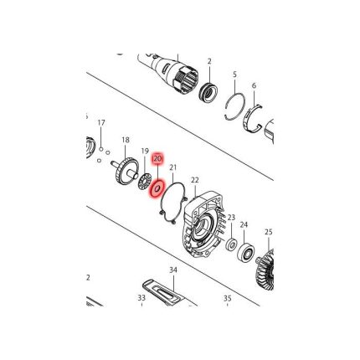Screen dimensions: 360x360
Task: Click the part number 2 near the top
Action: (x=209, y=61)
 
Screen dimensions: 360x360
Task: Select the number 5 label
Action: (x=235, y=75)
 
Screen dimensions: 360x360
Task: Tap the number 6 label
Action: (x=254, y=85)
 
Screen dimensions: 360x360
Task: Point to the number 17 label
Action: (x=101, y=123)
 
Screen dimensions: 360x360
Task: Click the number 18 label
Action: (x=126, y=140)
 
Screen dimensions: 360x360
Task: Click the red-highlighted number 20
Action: (x=157, y=157)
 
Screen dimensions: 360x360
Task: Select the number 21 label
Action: (x=173, y=168)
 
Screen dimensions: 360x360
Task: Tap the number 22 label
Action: (x=194, y=180)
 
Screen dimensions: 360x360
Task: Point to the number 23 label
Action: (x=230, y=217)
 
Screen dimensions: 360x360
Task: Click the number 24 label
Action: (x=244, y=224)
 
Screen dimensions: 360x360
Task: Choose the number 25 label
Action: (x=269, y=232)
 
